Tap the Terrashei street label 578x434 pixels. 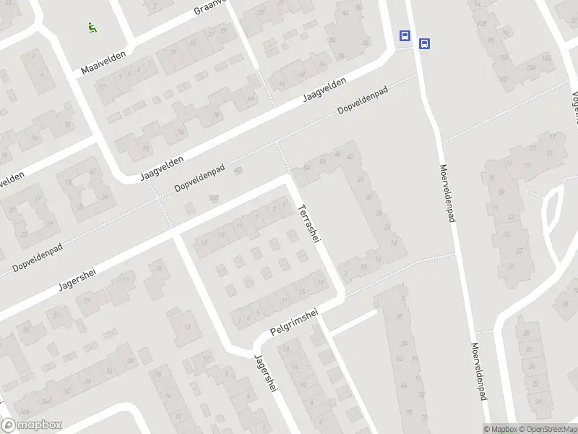[x=308, y=224]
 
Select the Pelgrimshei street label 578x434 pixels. [x=294, y=323]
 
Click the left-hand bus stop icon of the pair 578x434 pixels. [x=405, y=35]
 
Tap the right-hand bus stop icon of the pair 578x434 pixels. [x=425, y=43]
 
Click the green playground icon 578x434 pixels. [x=92, y=28]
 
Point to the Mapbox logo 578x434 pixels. [x=32, y=425]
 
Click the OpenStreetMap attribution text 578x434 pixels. [x=548, y=429]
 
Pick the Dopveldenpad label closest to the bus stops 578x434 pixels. [x=363, y=101]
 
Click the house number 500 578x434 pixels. [x=213, y=197]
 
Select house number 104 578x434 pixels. [x=530, y=68]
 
